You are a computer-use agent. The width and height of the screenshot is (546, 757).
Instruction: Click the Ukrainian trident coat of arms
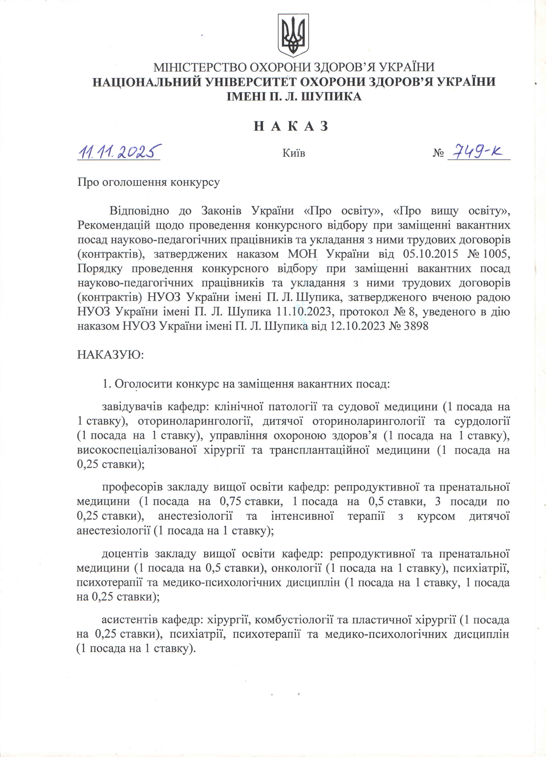coord(293,35)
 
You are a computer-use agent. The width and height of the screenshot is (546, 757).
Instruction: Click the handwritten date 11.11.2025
coord(119,152)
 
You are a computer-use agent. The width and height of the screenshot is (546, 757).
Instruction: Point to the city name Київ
coord(294,153)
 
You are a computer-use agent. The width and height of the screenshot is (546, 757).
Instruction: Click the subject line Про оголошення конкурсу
coord(149,182)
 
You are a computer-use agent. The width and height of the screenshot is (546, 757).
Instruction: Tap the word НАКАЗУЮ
coord(110,355)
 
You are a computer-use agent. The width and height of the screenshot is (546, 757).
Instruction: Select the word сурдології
coord(482,421)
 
